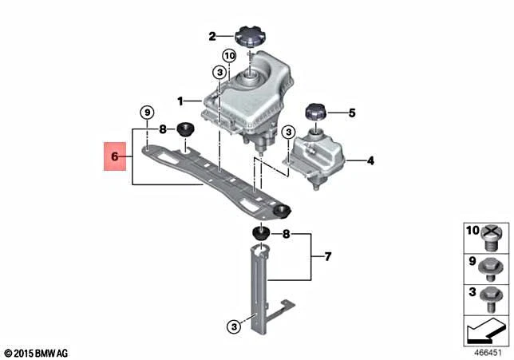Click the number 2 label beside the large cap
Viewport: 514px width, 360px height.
pyautogui.click(x=212, y=36)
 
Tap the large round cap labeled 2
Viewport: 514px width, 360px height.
pyautogui.click(x=251, y=37)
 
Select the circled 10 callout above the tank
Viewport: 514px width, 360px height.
pyautogui.click(x=229, y=56)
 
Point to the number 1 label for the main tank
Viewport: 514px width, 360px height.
pyautogui.click(x=180, y=101)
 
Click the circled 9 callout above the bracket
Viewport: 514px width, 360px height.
pyautogui.click(x=147, y=113)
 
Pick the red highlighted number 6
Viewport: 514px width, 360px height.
pyautogui.click(x=115, y=156)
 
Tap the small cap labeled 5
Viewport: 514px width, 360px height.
pyautogui.click(x=316, y=112)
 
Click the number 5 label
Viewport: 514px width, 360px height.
pyautogui.click(x=352, y=113)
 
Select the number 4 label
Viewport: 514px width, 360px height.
pyautogui.click(x=370, y=160)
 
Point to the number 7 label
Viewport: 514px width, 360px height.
pyautogui.click(x=328, y=257)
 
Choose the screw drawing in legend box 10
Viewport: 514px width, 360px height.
pyautogui.click(x=490, y=238)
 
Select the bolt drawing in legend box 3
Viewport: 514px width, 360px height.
pyautogui.click(x=490, y=299)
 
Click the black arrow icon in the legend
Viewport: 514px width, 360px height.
pyautogui.click(x=486, y=330)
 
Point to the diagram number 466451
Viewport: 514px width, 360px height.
pyautogui.click(x=488, y=353)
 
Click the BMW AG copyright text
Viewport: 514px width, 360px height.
pyautogui.click(x=37, y=354)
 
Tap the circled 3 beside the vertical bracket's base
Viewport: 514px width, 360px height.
pyautogui.click(x=234, y=326)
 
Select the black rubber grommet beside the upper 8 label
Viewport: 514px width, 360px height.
pyautogui.click(x=185, y=129)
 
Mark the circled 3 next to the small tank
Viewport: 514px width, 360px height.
pyautogui.click(x=288, y=133)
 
